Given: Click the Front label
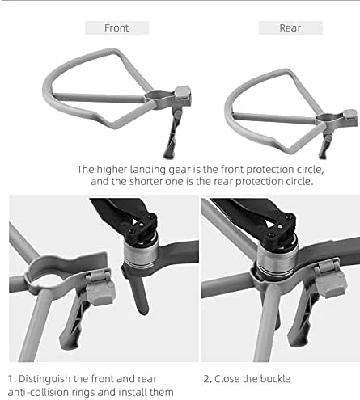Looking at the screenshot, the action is click(116, 27).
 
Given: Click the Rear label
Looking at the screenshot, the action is click(290, 27).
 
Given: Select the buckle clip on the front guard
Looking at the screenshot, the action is click(183, 95).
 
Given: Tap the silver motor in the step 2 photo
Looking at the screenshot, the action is click(277, 259).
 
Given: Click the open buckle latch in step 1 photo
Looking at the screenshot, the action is click(100, 288).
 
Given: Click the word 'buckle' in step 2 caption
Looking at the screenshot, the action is click(275, 379).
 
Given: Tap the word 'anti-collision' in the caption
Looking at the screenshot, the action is click(38, 392).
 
